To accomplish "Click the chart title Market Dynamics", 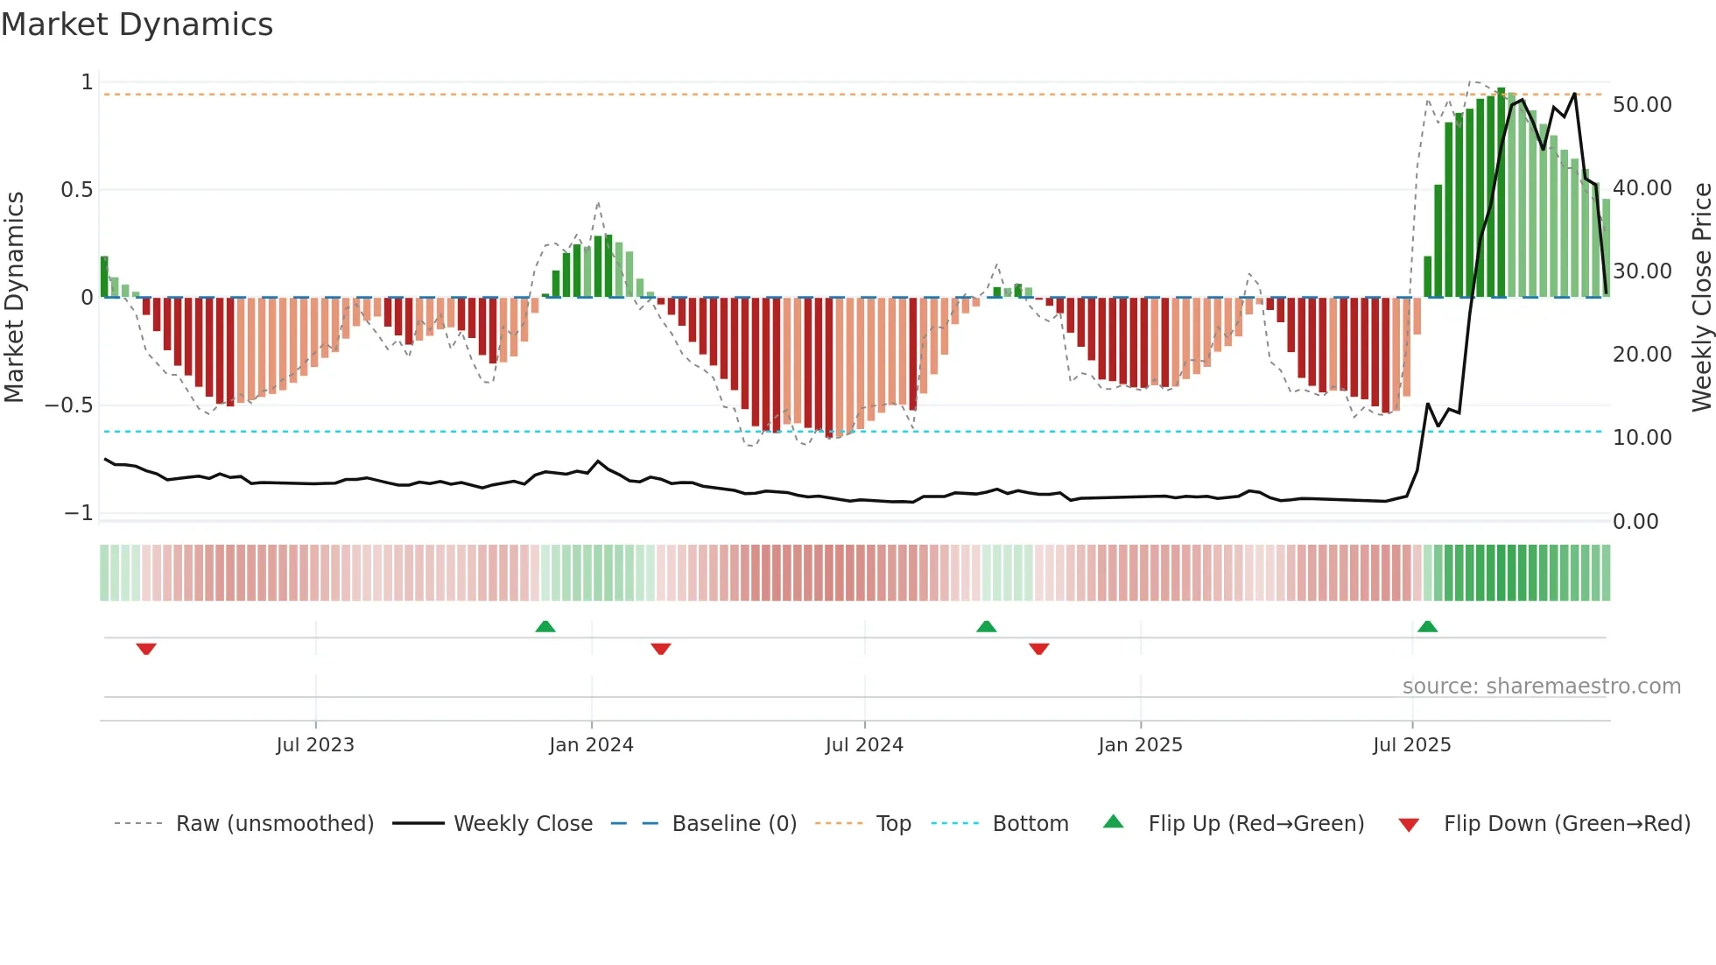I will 137,25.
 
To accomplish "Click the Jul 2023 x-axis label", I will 315,745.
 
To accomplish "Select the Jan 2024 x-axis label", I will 591,745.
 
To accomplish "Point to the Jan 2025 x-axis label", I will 1140,745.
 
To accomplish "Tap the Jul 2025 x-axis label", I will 1411,745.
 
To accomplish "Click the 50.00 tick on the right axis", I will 1642,105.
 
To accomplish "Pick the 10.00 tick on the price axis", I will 1642,438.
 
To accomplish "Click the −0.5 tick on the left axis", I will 68,405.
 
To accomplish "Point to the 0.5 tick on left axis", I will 76,190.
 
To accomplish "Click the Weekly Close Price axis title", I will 1701,297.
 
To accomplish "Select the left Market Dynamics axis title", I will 14,297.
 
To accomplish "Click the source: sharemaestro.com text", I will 1541,687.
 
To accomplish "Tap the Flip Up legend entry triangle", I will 1113,822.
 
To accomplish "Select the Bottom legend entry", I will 1030,824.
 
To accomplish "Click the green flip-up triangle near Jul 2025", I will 1427,626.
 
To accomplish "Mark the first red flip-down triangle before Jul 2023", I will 146,649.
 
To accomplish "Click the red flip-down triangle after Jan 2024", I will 661,649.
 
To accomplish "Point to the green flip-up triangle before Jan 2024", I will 545,626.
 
